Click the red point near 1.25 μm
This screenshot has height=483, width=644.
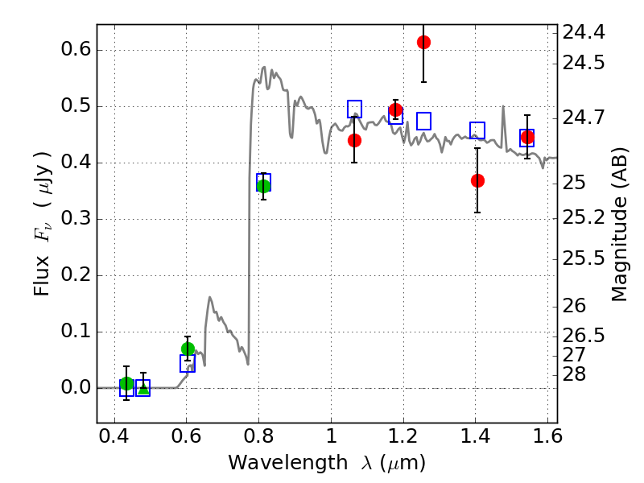pos(423,42)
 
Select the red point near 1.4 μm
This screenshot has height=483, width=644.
pos(477,180)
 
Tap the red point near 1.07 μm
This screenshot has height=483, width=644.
pos(354,140)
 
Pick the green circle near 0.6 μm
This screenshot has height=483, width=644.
pos(188,349)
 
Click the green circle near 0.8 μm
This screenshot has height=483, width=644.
pos(263,186)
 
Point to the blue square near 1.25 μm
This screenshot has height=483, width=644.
pos(423,122)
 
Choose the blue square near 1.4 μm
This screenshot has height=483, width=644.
pos(477,130)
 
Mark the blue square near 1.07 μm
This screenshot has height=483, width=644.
pos(354,109)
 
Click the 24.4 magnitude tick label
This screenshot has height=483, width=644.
pos(585,33)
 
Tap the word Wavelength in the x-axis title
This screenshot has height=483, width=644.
pos(279,463)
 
